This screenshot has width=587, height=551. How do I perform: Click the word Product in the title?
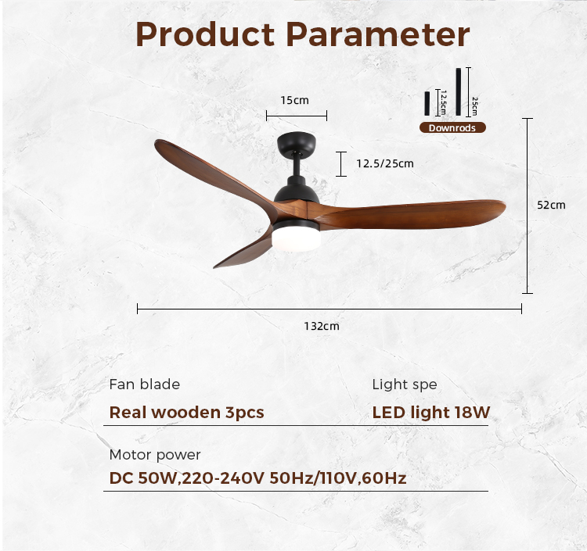pyautogui.click(x=205, y=34)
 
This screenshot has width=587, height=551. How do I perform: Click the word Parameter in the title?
pyautogui.click(x=377, y=34)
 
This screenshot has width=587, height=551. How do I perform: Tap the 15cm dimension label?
pyautogui.click(x=294, y=100)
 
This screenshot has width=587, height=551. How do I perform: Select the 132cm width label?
pyautogui.click(x=322, y=326)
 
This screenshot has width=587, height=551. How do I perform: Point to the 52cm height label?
pyautogui.click(x=551, y=205)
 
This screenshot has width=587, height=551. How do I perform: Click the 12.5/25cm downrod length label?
pyautogui.click(x=385, y=163)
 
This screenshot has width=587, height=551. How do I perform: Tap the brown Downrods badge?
pyautogui.click(x=452, y=128)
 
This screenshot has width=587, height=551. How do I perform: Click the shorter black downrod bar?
pyautogui.click(x=427, y=103)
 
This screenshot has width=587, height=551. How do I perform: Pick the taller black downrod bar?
pyautogui.click(x=458, y=91)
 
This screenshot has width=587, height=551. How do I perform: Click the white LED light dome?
pyautogui.click(x=296, y=239)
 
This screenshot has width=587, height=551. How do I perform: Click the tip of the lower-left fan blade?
pyautogui.click(x=214, y=267)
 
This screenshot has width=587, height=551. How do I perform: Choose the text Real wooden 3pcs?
pyautogui.click(x=186, y=413)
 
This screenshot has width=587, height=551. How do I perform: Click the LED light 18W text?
pyautogui.click(x=431, y=413)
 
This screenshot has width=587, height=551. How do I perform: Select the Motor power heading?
pyautogui.click(x=155, y=455)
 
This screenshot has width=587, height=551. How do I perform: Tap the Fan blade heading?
pyautogui.click(x=145, y=385)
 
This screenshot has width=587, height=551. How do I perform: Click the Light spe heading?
pyautogui.click(x=405, y=385)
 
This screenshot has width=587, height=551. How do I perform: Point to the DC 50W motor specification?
pyautogui.click(x=257, y=478)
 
